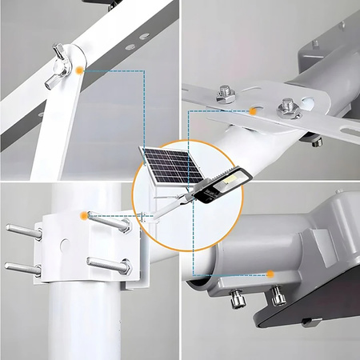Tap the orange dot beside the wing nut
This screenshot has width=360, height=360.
(80, 70)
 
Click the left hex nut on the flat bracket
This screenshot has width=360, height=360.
(225, 95)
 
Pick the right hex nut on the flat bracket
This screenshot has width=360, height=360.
(286, 106)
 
